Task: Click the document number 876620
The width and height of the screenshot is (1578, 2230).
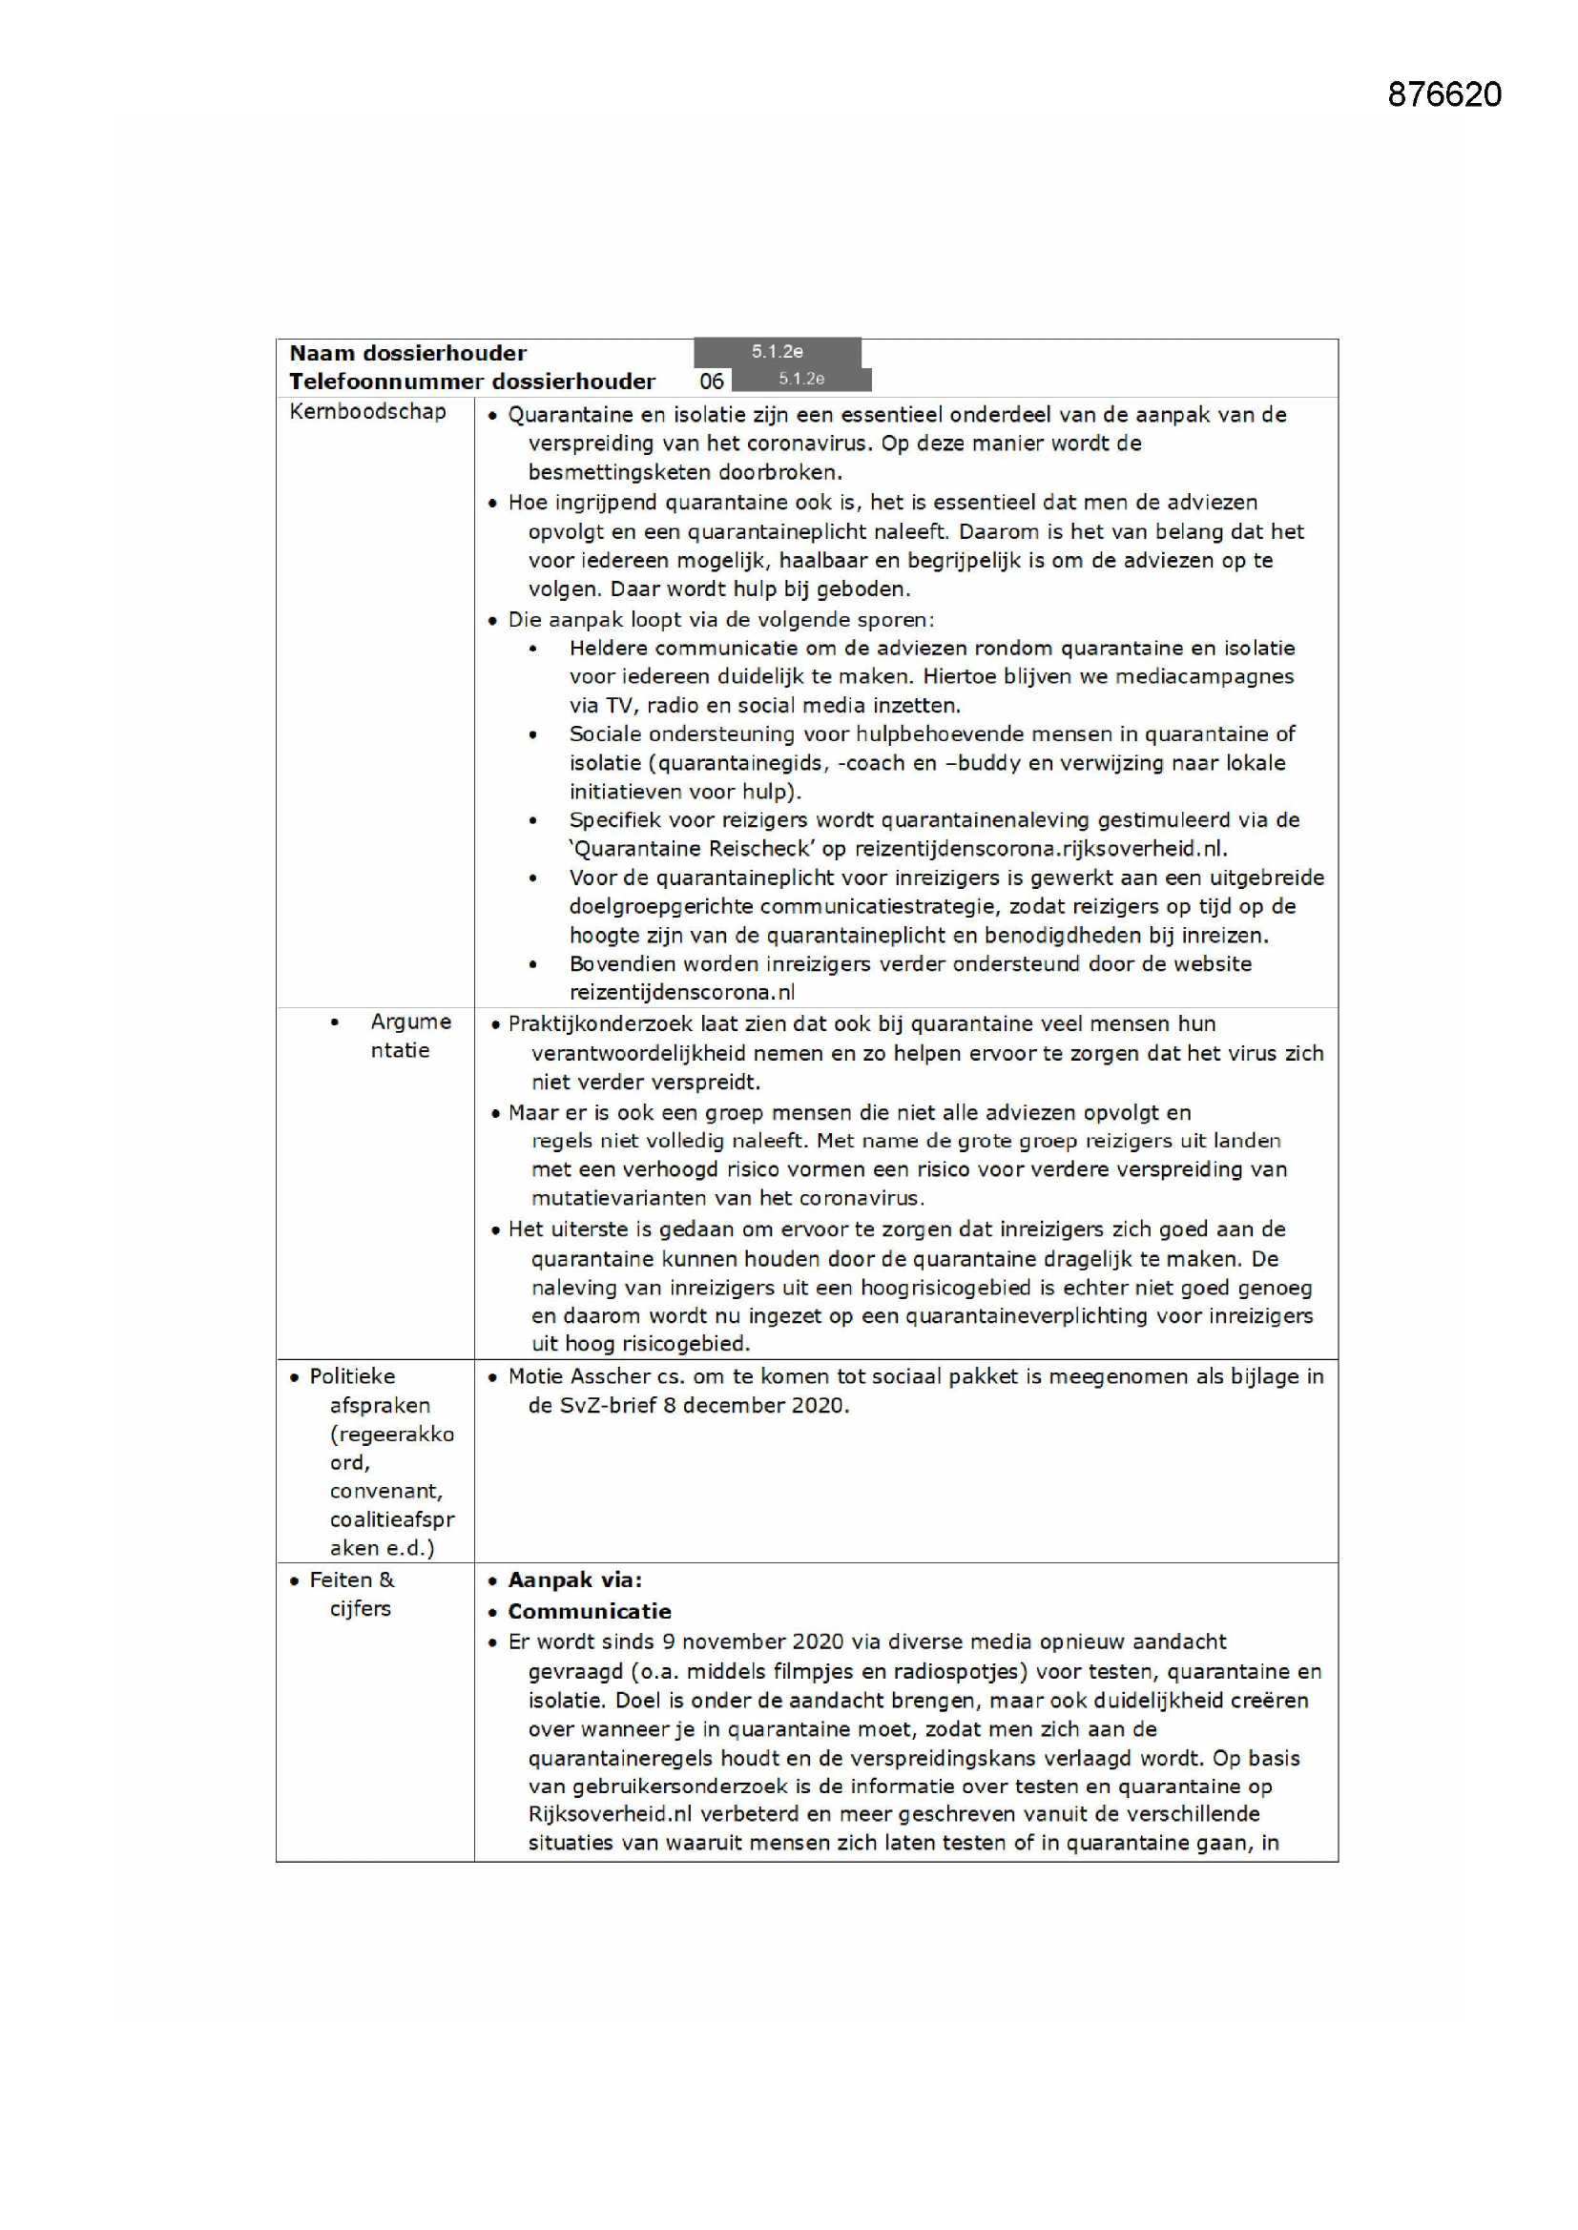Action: pyautogui.click(x=1443, y=94)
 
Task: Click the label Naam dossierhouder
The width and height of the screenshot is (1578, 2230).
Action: pyautogui.click(x=407, y=353)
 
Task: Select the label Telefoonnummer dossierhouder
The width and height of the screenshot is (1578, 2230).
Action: pyautogui.click(x=471, y=381)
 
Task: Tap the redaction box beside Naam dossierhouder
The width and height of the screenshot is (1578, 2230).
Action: pyautogui.click(x=777, y=352)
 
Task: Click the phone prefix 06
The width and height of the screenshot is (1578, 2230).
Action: pyautogui.click(x=712, y=381)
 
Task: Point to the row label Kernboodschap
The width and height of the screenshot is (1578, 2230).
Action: pyautogui.click(x=367, y=411)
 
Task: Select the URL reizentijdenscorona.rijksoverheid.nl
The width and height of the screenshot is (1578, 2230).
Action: pyautogui.click(x=1039, y=848)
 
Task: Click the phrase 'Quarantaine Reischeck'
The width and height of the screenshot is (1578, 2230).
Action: pyautogui.click(x=692, y=848)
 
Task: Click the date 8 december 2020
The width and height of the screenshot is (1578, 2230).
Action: pyautogui.click(x=755, y=1405)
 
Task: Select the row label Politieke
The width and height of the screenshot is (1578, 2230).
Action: pyautogui.click(x=352, y=1376)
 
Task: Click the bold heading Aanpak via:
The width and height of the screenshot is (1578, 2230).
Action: pyautogui.click(x=574, y=1580)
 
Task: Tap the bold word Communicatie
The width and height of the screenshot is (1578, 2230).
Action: pyautogui.click(x=589, y=1611)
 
